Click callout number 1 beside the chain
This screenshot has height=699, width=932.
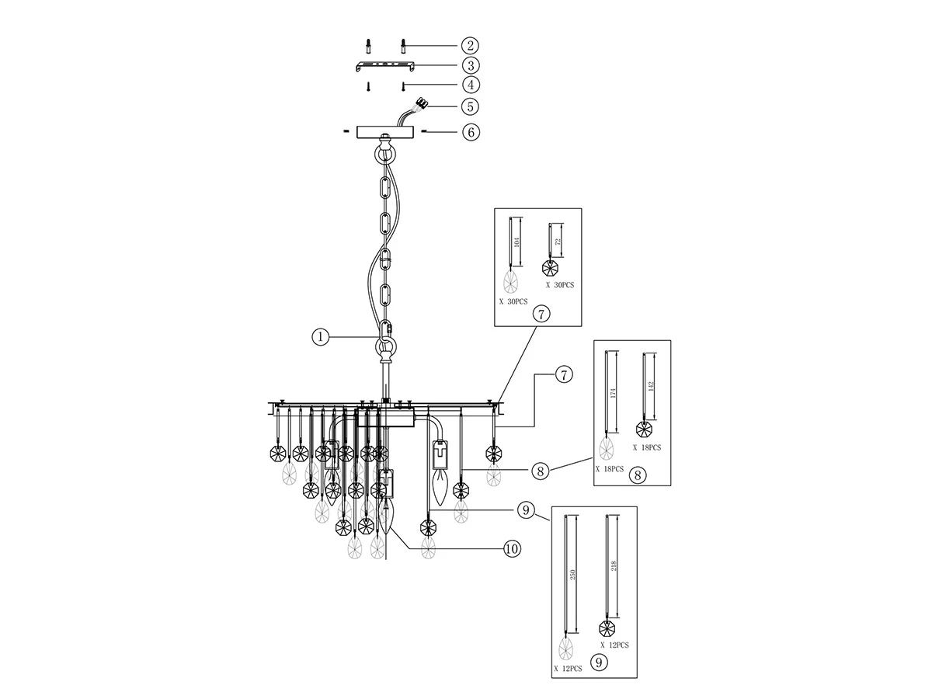[x=320, y=337]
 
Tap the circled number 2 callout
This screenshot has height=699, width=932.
[x=470, y=45]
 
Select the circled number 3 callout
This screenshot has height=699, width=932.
[x=471, y=65]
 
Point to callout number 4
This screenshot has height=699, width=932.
[x=471, y=85]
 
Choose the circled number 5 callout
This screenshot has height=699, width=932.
[x=470, y=106]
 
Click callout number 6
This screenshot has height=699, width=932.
[x=471, y=132]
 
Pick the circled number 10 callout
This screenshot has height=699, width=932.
[x=512, y=549]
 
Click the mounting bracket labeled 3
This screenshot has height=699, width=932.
[x=384, y=66]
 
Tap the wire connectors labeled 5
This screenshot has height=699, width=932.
[x=422, y=103]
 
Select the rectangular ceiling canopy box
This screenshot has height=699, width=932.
[x=385, y=131]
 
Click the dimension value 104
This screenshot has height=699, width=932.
[x=516, y=242]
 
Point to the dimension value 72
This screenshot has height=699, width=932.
[x=558, y=241]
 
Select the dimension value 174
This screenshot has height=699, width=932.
[x=613, y=393]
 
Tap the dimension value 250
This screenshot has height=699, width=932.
[x=572, y=575]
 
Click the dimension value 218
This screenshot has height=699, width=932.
[x=613, y=565]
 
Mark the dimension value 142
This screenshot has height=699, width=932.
[x=652, y=386]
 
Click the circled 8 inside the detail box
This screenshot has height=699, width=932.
[x=638, y=475]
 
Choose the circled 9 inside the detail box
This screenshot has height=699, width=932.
[x=599, y=662]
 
